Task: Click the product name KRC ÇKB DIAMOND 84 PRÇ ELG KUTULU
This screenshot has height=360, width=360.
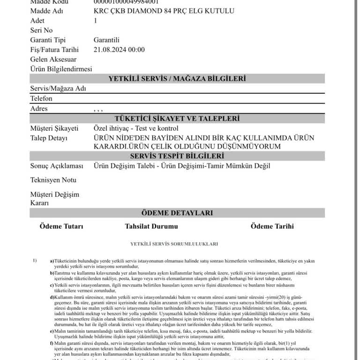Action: (x=164, y=11)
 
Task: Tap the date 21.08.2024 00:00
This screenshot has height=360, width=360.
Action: (x=119, y=50)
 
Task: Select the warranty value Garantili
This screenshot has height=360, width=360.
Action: (x=106, y=40)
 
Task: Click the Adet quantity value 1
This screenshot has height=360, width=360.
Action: (x=96, y=21)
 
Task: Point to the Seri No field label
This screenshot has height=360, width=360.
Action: (x=41, y=30)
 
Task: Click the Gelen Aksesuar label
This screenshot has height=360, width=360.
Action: (x=53, y=60)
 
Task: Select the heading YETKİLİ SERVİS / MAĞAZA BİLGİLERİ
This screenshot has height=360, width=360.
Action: (x=177, y=79)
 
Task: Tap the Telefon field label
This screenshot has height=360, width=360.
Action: (x=41, y=98)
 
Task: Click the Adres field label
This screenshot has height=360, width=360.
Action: (x=39, y=108)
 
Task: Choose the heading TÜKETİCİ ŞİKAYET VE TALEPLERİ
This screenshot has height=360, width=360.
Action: (x=177, y=119)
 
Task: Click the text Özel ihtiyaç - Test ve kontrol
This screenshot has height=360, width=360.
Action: (x=136, y=128)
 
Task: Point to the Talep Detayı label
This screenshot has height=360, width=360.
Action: (x=49, y=138)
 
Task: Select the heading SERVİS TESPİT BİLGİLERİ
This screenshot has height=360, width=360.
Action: (x=177, y=156)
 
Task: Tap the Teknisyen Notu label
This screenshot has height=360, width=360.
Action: (x=53, y=180)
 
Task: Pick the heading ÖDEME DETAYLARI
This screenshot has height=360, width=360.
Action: (x=177, y=213)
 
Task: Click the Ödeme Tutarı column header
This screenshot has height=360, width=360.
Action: (x=61, y=226)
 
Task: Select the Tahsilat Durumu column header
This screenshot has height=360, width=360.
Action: (x=151, y=226)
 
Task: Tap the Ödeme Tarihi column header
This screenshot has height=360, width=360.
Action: (x=272, y=226)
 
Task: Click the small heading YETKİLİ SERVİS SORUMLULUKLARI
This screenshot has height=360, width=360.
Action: (x=174, y=244)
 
